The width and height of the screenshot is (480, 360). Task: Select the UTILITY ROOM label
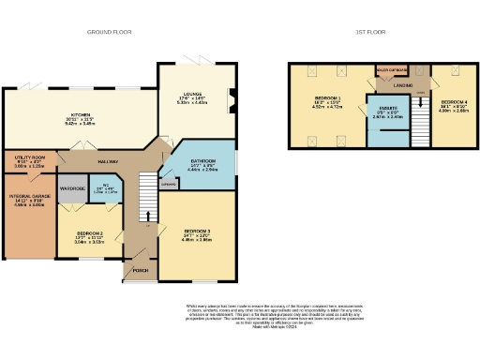pyautogui.click(x=31, y=158)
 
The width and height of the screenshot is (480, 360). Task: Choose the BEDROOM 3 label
pyautogui.click(x=197, y=230)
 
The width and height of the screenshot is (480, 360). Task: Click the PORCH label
pyautogui.click(x=141, y=271)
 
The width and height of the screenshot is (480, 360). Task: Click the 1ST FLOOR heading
pyautogui.click(x=367, y=32)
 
